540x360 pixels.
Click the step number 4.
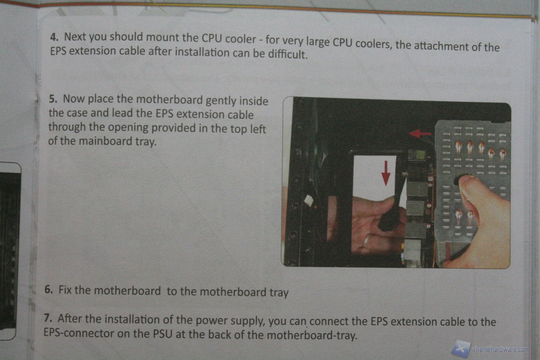point(54,37)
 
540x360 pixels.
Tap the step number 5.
point(53,99)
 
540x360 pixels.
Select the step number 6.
point(48,289)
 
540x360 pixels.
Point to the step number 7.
point(48,318)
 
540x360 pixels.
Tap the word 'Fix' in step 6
point(65,290)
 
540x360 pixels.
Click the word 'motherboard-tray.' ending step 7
point(312,335)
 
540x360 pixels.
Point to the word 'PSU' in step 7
point(162,334)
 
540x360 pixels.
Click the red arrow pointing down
point(386,173)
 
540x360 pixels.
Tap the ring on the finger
point(366,241)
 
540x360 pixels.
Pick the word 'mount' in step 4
point(162,37)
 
